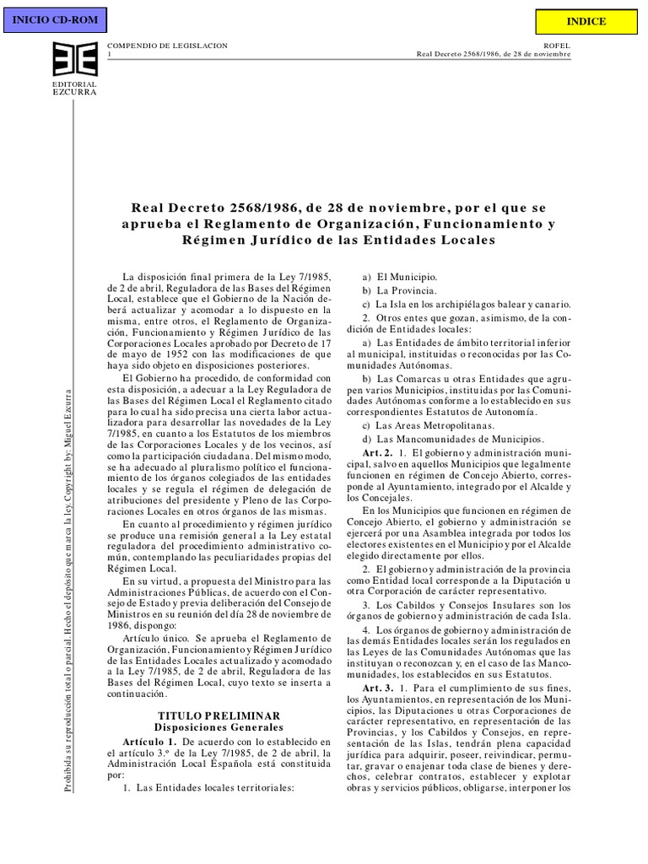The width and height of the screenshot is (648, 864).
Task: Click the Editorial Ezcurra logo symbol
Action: point(74,61)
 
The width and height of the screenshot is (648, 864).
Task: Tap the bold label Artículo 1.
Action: point(148,740)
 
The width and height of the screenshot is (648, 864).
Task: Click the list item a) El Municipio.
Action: point(399,277)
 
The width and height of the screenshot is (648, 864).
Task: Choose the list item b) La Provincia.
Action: point(398,290)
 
